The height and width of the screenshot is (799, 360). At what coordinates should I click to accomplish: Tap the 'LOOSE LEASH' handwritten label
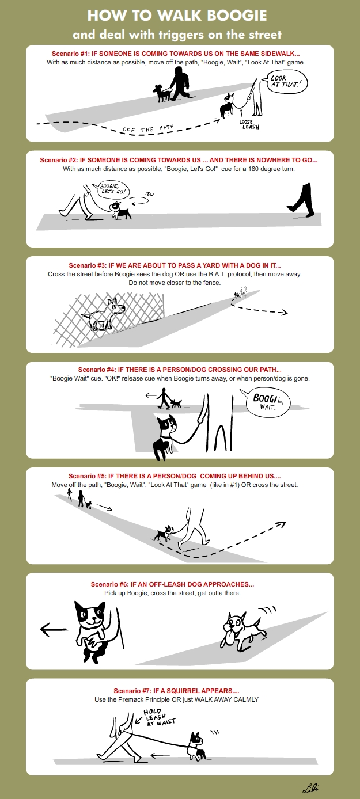click(x=249, y=124)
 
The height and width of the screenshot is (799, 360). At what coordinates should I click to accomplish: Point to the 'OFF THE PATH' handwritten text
click(x=148, y=129)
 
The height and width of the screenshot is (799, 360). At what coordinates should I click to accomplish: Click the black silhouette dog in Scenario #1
click(x=162, y=93)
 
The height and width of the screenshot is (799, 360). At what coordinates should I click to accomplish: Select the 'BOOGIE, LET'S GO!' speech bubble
click(x=111, y=189)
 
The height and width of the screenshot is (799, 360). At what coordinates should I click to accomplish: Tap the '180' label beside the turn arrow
click(x=150, y=194)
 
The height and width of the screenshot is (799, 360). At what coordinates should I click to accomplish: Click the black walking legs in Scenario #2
click(x=301, y=200)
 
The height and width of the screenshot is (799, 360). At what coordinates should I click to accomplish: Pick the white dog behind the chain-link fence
click(x=104, y=315)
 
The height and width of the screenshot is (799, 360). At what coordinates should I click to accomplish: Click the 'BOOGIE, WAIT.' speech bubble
click(x=268, y=402)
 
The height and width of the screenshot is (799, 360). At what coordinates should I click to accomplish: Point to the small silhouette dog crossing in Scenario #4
click(x=176, y=404)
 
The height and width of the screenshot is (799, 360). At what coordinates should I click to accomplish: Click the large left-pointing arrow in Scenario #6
click(x=54, y=630)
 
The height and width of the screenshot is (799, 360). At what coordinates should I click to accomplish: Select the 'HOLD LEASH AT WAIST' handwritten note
click(x=159, y=717)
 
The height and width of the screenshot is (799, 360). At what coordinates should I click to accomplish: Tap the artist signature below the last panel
click(x=310, y=787)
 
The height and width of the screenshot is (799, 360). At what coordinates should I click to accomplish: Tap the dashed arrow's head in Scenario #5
click(x=282, y=524)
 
